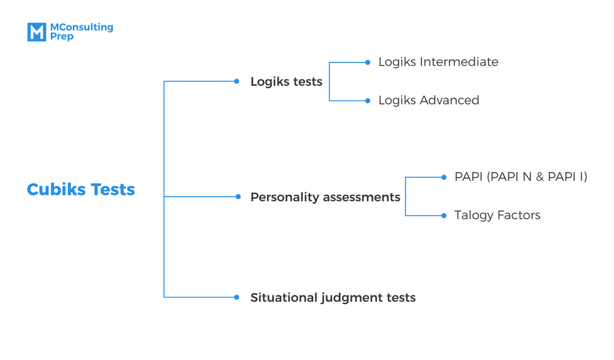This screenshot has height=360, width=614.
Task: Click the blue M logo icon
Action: click(x=37, y=32)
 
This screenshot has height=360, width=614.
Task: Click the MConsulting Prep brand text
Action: click(x=81, y=32)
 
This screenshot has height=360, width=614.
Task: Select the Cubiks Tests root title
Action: click(x=81, y=189)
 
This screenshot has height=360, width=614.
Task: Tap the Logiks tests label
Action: click(x=286, y=82)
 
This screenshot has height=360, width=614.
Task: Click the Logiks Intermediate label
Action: click(x=438, y=62)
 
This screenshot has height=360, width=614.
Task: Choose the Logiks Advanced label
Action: click(x=429, y=100)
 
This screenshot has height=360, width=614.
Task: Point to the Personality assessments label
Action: click(x=325, y=197)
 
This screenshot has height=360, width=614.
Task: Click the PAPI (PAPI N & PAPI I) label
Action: click(x=521, y=177)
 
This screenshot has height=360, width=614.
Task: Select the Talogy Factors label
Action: click(x=497, y=216)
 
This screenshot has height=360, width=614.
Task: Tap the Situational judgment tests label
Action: click(x=333, y=297)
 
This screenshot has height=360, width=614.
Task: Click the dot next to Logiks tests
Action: click(x=236, y=81)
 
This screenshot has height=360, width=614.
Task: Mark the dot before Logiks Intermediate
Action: click(x=368, y=62)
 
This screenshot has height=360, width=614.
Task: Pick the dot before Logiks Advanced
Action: click(x=368, y=101)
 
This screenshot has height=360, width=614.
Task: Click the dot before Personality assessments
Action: click(x=238, y=197)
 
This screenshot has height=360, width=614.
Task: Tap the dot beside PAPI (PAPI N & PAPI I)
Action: click(x=444, y=177)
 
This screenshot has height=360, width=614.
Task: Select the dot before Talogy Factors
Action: click(x=444, y=216)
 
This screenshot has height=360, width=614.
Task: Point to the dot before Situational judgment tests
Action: click(x=236, y=297)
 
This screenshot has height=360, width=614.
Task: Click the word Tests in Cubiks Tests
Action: click(x=113, y=189)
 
